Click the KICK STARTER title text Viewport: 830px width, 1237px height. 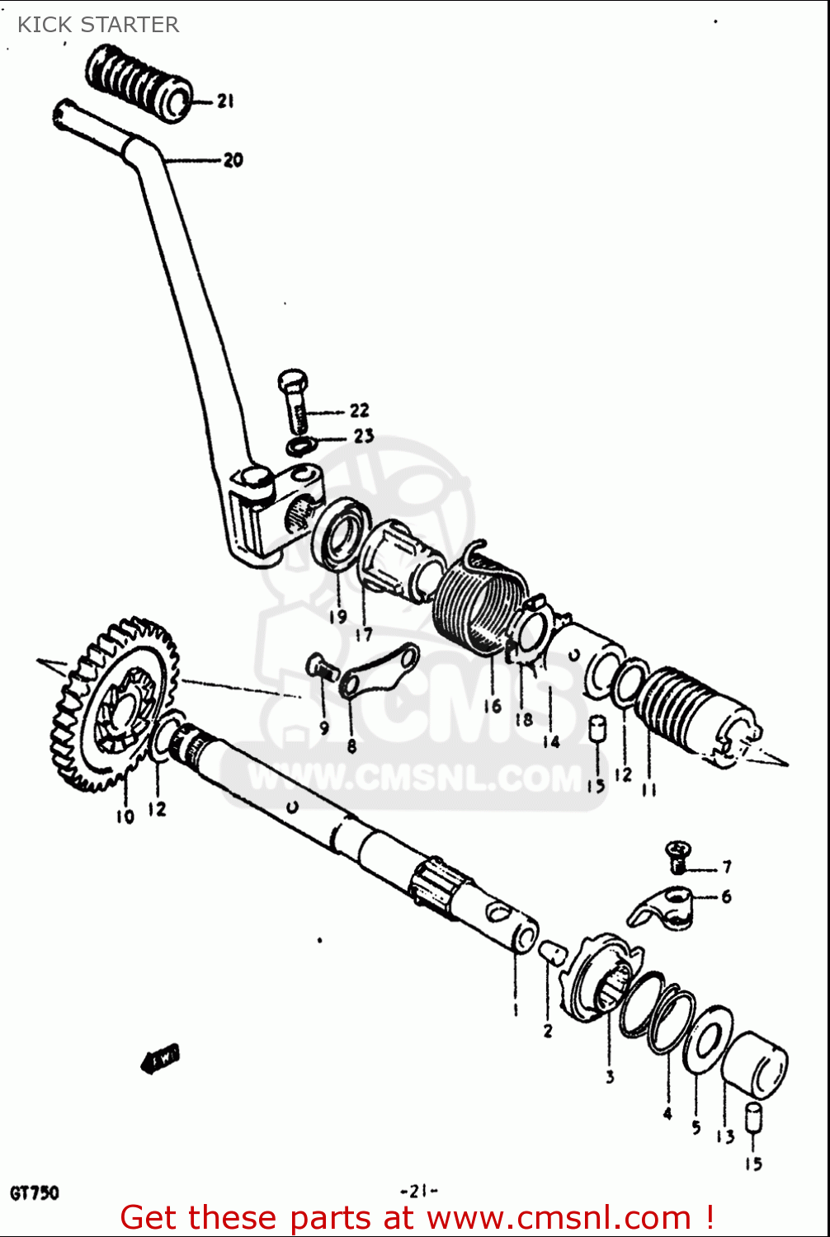pos(98,25)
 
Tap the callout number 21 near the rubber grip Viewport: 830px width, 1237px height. pos(225,101)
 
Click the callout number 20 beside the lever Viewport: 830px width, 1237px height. pos(233,160)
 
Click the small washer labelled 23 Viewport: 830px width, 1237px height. pos(300,446)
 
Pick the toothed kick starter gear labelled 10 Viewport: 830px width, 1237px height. pos(113,701)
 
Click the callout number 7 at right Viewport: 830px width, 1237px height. pos(727,867)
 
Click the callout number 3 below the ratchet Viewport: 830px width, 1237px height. pos(610,1076)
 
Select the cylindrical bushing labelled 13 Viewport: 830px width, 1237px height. pos(756,1067)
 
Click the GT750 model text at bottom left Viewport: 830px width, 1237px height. pos(35,1192)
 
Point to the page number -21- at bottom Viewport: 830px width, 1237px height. pos(418,1191)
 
